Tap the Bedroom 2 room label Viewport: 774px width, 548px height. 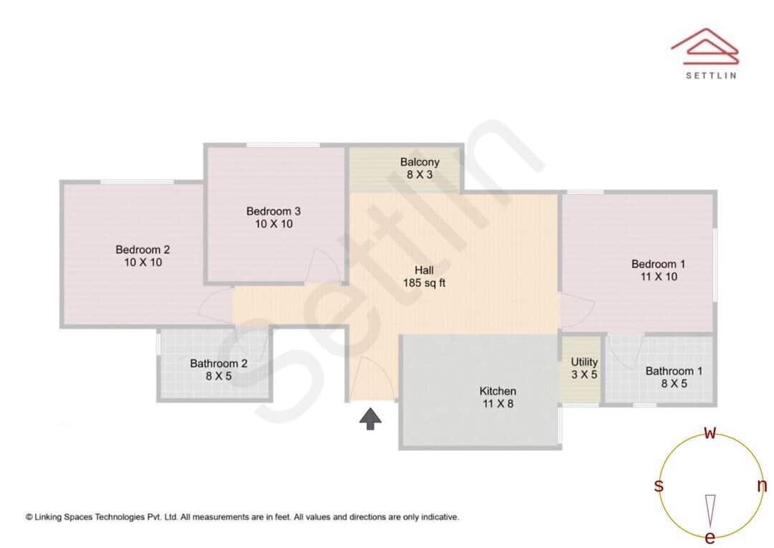point(143,256)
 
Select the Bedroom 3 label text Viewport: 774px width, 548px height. point(273,217)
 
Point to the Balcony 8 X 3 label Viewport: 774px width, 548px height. point(419,168)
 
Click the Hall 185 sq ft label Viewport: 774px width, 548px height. point(424,277)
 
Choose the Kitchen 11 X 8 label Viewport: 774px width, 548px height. point(497,397)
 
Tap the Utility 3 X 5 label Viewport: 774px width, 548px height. point(584,368)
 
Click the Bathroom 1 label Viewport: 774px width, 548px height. point(674,377)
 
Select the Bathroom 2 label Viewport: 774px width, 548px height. point(219,369)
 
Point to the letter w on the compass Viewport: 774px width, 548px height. point(710,433)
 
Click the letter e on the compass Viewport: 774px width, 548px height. point(710,537)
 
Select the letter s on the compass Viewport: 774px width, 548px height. point(659,486)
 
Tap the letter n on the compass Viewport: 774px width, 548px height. point(762,486)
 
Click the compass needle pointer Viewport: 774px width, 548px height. point(710,510)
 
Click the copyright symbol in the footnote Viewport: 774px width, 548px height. point(29,516)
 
